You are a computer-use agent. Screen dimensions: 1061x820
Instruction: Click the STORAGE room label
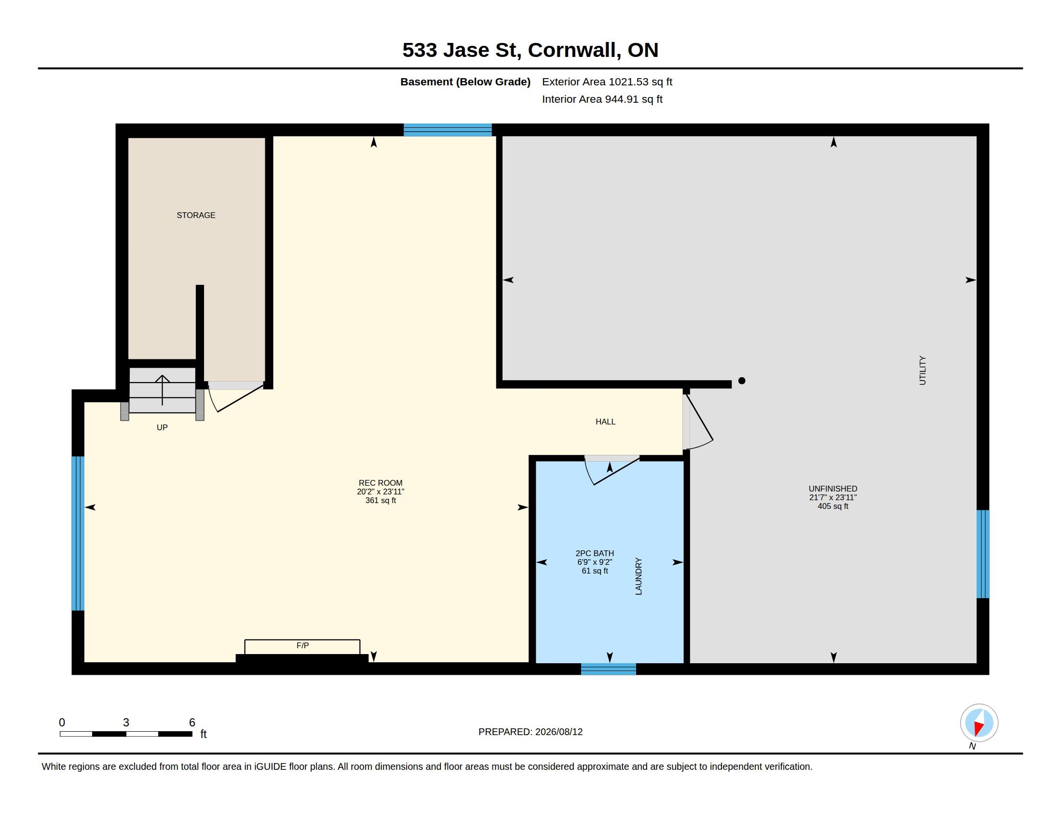196,215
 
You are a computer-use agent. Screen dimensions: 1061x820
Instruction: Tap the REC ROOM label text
381,483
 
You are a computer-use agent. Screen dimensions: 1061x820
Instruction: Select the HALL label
605,422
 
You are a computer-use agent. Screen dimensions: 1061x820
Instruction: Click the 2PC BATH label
595,553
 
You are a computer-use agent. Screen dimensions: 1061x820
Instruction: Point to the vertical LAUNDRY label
639,576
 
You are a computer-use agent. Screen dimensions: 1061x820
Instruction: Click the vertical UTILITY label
923,370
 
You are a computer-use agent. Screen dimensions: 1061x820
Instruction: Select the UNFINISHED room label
833,489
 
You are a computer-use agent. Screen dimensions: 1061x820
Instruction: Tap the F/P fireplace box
302,647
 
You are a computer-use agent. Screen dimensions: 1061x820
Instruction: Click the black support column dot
742,381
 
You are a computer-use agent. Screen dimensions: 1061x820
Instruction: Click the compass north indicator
979,723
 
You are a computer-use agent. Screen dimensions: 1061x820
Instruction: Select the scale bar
126,734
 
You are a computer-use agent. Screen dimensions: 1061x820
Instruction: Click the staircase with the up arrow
162,390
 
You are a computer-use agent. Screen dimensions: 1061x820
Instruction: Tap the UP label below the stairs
162,427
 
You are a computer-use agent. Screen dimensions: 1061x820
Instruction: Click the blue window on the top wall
448,130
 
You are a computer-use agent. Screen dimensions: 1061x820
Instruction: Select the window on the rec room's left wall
78,533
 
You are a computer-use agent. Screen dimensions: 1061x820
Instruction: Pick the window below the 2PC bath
608,669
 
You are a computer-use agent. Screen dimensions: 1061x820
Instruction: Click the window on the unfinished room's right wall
983,554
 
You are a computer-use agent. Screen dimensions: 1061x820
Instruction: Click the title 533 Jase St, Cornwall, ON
530,50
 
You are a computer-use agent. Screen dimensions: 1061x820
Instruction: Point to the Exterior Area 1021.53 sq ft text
607,82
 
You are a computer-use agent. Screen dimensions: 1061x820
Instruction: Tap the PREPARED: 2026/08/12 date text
530,732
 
